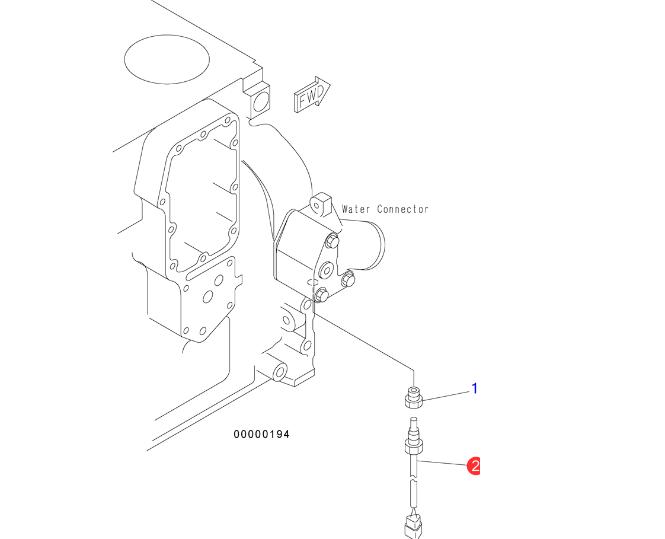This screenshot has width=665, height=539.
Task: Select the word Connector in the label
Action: coord(403,209)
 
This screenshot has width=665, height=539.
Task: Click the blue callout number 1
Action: coord(474,388)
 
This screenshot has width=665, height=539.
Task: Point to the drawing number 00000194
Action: coord(261,435)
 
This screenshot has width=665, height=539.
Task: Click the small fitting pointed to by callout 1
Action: coord(413,397)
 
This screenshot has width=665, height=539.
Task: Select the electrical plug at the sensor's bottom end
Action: coord(413,525)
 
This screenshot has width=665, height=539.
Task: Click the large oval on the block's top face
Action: coord(167,58)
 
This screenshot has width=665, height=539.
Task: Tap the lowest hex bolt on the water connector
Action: coord(321,294)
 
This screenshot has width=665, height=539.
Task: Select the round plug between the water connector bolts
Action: coord(327,271)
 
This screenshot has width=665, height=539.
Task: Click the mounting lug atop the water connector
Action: coord(320,203)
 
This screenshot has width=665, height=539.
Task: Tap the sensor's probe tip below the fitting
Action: coord(413,425)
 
